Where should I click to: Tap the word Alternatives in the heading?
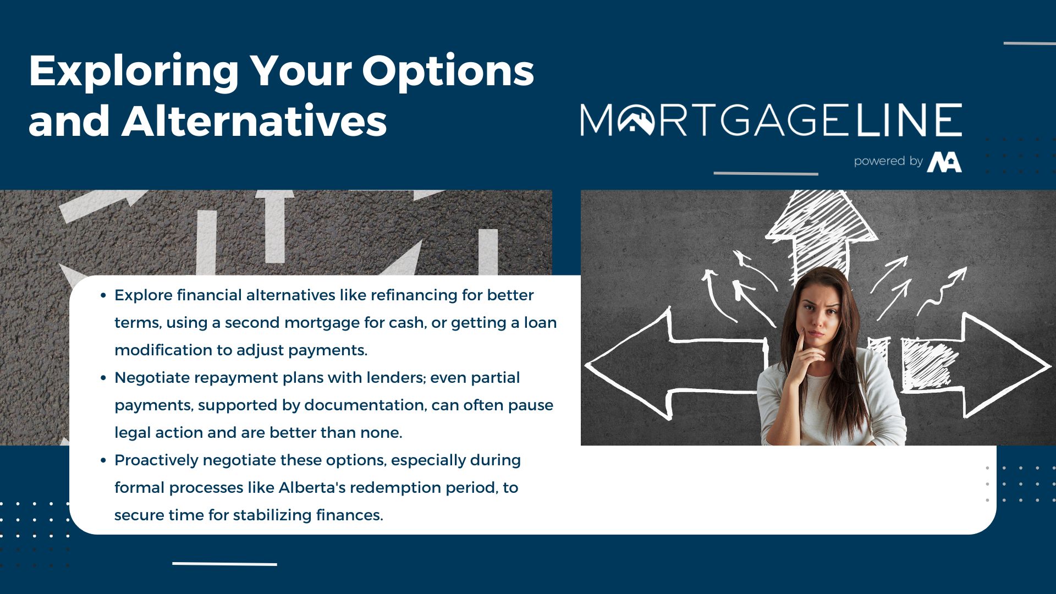point(254,120)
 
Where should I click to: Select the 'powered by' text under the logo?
point(888,161)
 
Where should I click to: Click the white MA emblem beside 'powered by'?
point(944,162)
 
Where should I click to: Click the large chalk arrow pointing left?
point(676,365)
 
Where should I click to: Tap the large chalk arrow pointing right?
point(976,365)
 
